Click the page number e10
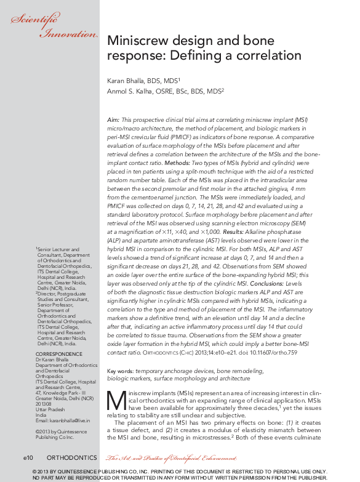(x=32, y=458)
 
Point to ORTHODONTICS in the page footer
(x=71, y=458)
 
